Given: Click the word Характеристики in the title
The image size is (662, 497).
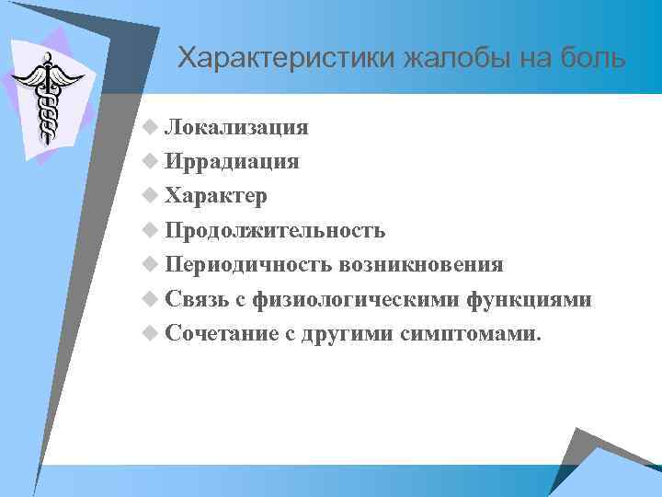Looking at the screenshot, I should click(286, 59).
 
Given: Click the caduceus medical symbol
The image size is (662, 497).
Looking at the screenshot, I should click(44, 96).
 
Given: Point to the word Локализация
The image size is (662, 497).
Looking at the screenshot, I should click(237, 127).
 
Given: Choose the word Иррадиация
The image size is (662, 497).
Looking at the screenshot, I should click(233, 161).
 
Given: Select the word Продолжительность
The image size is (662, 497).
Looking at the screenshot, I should click(276, 230).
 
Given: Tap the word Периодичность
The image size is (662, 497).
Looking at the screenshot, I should click(249, 265).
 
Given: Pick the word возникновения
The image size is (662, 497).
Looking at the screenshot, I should click(420, 265).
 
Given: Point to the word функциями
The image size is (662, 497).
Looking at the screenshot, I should click(530, 299).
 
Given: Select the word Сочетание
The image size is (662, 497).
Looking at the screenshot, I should click(222, 333).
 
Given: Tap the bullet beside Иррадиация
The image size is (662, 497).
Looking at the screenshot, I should click(151, 162).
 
